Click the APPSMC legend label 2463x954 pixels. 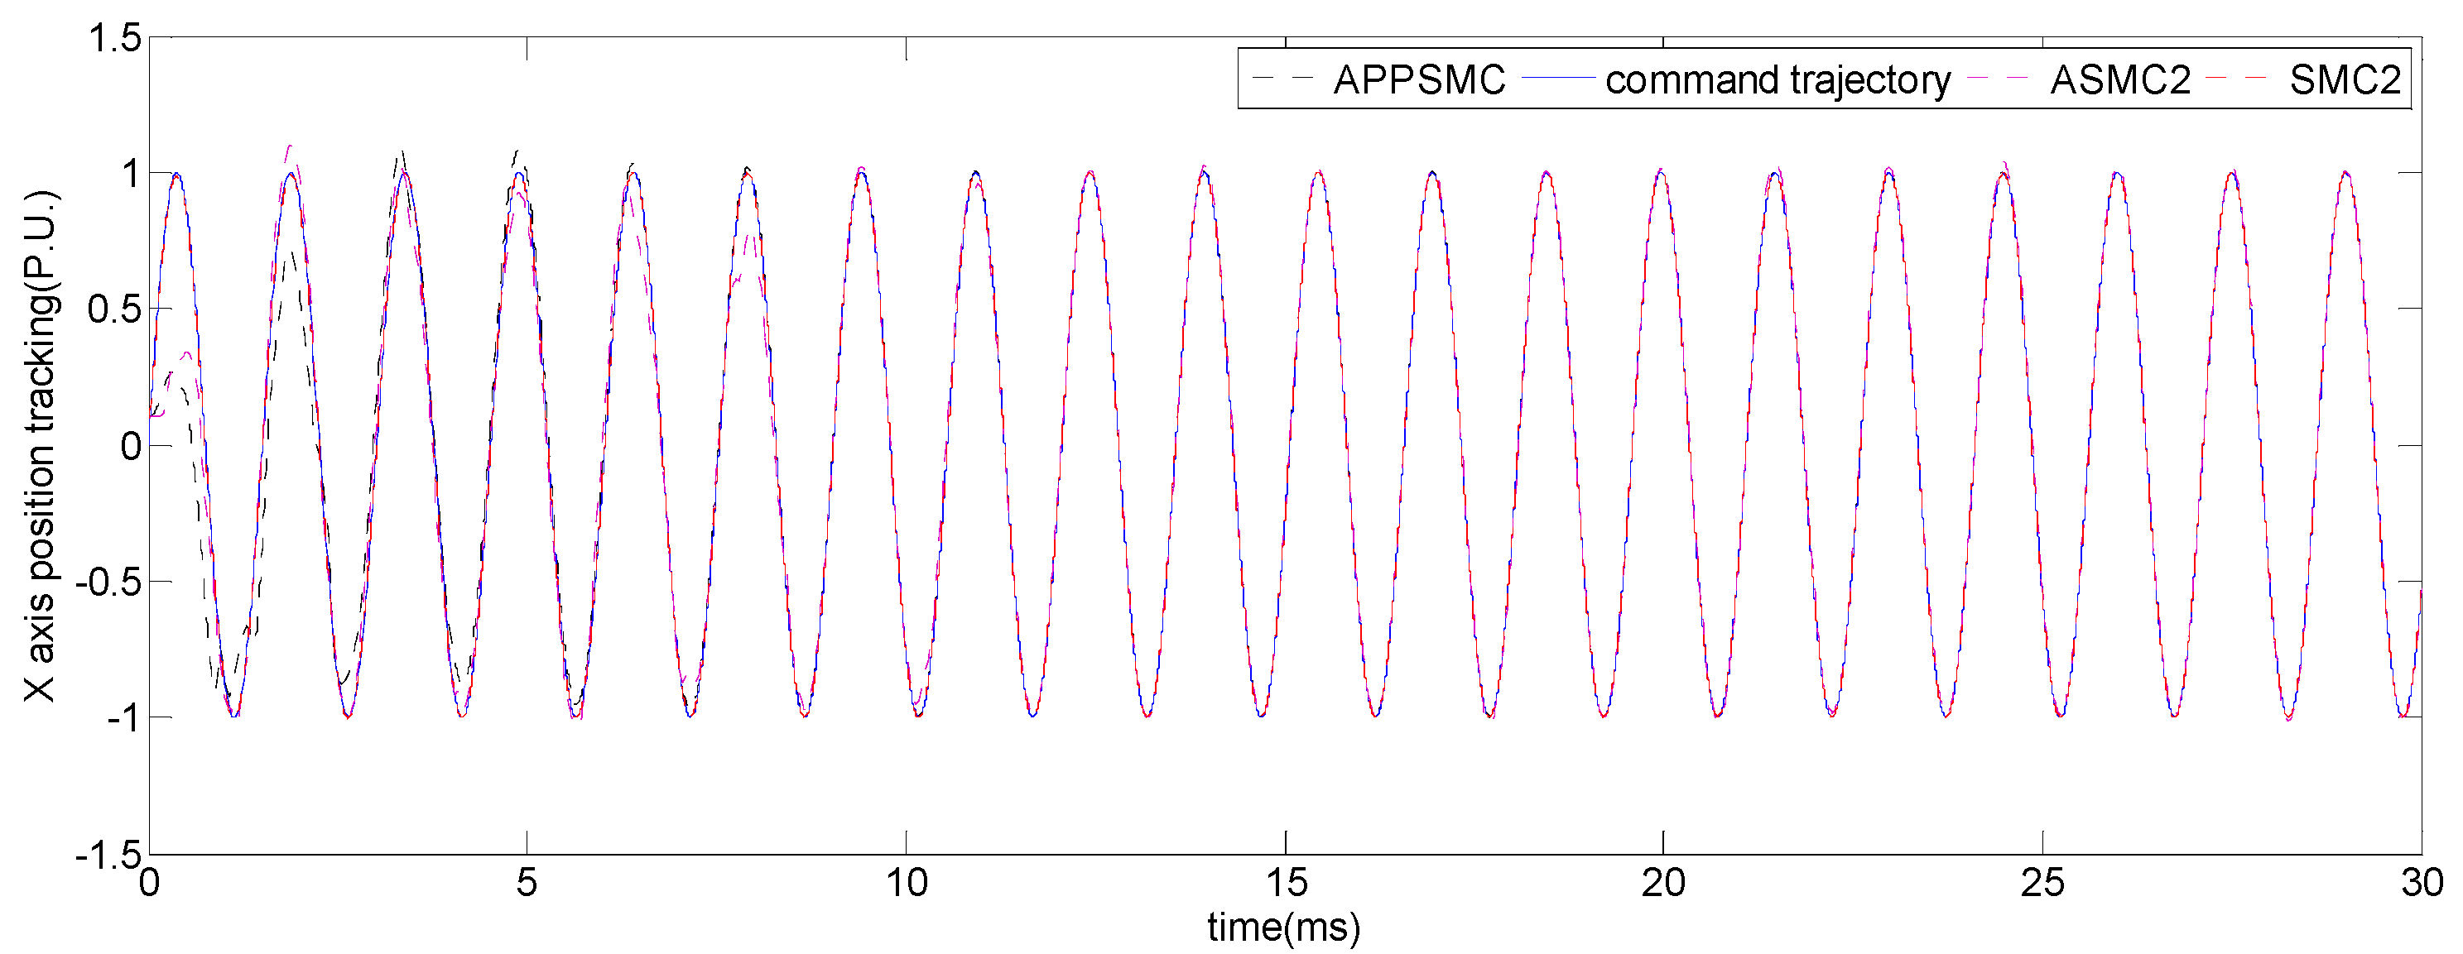[x=1419, y=80]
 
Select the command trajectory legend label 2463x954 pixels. [x=1777, y=80]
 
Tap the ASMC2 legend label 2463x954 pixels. [x=2119, y=80]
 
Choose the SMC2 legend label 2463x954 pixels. [x=2345, y=80]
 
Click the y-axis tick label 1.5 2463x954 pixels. [x=115, y=39]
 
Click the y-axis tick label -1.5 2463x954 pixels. [x=108, y=854]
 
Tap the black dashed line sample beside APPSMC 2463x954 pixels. [x=1282, y=79]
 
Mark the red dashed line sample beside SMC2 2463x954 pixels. [x=2237, y=79]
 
